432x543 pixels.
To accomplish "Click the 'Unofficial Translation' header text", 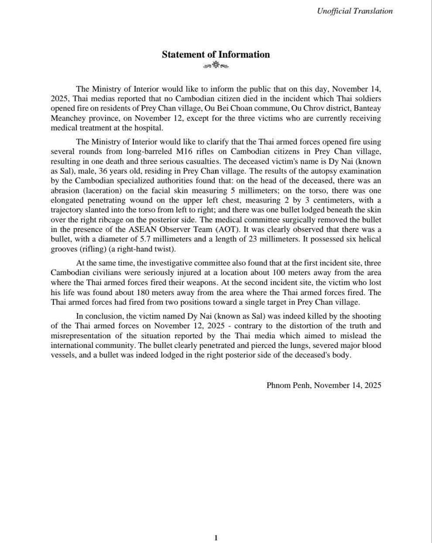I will (355, 11).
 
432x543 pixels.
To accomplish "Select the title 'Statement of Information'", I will (216, 55).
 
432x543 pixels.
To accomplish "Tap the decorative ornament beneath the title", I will (216, 66).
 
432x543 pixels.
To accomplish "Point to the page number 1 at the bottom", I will (216, 538).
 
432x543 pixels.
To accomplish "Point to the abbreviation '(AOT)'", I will (225, 230).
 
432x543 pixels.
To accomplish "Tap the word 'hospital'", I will (147, 128).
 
